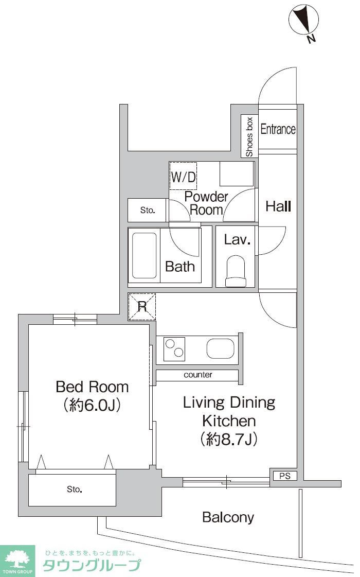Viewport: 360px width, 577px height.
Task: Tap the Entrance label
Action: (x=278, y=129)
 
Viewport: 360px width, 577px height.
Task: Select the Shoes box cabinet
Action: (x=249, y=136)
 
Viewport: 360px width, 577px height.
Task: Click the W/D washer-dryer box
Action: (x=183, y=177)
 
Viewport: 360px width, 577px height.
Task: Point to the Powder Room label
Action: (x=206, y=203)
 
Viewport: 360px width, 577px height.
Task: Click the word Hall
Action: (x=278, y=206)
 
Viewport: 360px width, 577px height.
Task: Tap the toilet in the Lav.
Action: (x=236, y=271)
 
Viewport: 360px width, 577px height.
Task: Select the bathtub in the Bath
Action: (x=144, y=255)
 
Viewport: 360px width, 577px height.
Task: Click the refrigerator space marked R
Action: (x=142, y=307)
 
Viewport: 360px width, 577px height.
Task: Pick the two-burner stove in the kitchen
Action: (x=174, y=348)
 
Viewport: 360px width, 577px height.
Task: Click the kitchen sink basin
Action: (x=220, y=348)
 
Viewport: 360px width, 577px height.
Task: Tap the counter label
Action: (x=198, y=375)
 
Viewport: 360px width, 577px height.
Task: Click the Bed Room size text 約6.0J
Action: (x=92, y=405)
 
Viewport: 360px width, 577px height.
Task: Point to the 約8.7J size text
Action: (x=229, y=439)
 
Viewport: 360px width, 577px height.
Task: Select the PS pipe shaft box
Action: (x=284, y=476)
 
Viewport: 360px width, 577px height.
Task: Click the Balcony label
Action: (x=228, y=517)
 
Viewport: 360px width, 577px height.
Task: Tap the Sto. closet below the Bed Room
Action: (x=73, y=490)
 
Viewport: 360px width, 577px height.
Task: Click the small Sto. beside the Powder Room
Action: (x=148, y=210)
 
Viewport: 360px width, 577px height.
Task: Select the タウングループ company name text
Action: (x=92, y=565)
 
